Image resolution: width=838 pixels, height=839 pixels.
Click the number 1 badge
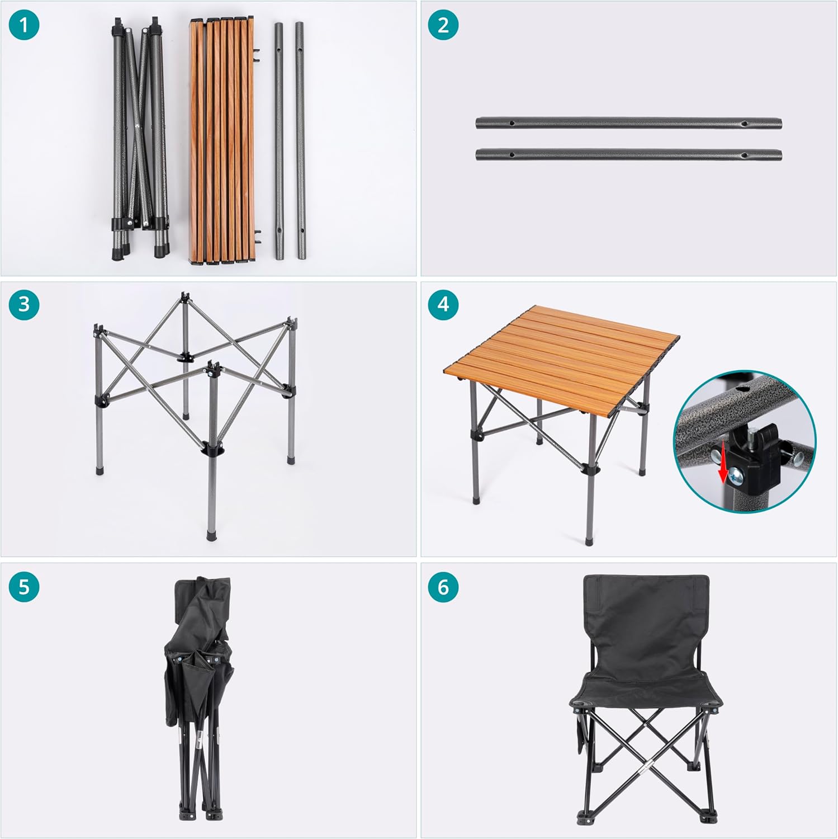tap(24, 25)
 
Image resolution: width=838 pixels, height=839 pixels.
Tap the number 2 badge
tap(443, 25)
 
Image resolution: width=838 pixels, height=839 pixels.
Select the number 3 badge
tap(24, 304)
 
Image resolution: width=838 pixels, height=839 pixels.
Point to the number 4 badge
tap(443, 304)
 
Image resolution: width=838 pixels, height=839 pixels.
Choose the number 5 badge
tap(24, 587)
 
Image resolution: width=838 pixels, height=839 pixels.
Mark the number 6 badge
tap(443, 587)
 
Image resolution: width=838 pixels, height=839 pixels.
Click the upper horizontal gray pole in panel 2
tap(628, 124)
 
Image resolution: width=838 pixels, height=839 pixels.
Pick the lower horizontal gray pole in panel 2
tap(628, 154)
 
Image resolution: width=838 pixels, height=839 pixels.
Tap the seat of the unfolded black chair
tap(646, 691)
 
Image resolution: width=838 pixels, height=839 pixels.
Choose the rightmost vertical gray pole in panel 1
tap(300, 140)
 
